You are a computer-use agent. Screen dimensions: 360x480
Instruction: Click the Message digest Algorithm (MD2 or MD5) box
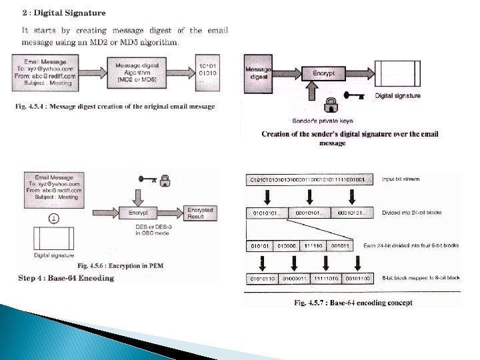(137, 71)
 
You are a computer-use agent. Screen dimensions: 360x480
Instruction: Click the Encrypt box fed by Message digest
(323, 73)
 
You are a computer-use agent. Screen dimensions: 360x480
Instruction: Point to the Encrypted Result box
(200, 214)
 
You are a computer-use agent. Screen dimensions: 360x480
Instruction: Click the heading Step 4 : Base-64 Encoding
(67, 278)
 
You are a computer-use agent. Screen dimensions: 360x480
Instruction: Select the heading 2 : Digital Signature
(63, 13)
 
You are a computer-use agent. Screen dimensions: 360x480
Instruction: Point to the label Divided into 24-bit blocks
(412, 213)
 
